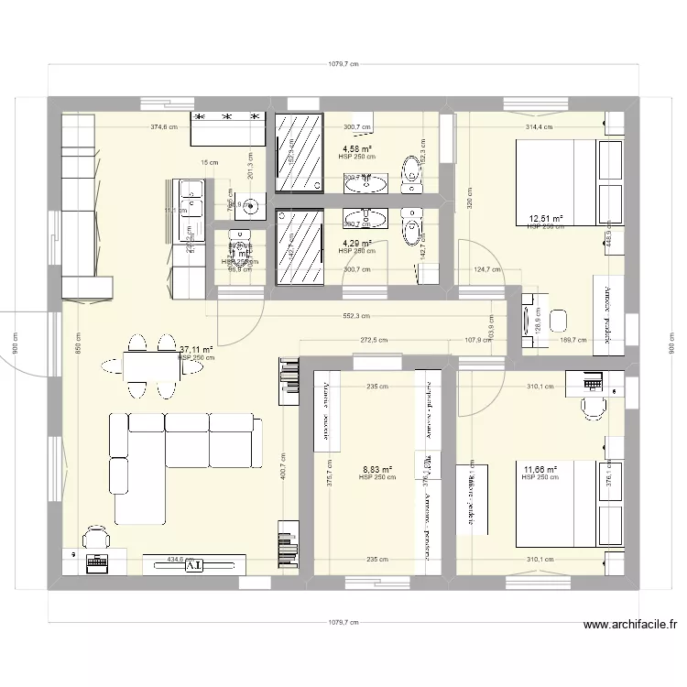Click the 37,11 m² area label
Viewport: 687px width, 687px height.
coord(196,349)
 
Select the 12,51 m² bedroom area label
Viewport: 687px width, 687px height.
coord(545,219)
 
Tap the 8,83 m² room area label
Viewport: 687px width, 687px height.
coord(377,469)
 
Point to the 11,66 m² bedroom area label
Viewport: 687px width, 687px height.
coord(540,469)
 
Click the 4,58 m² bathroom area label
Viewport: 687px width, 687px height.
coord(356,148)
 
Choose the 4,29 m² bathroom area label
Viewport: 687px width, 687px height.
coord(356,243)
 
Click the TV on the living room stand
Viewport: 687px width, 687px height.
coord(193,566)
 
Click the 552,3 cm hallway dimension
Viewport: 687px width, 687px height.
coord(356,315)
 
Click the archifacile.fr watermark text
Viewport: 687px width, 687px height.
coord(630,627)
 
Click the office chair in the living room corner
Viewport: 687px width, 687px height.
coord(94,536)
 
